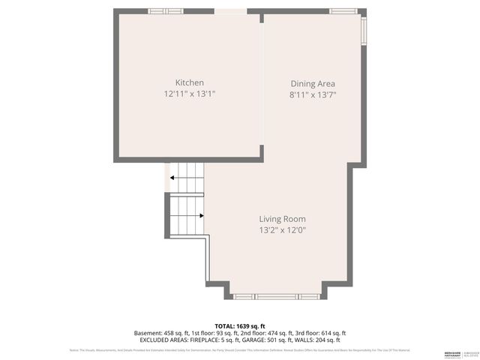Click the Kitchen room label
(189, 82)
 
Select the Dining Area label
(313, 84)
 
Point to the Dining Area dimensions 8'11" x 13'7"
(313, 95)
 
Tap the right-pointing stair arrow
(201, 215)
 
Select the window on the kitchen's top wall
(166, 10)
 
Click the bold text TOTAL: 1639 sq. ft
(240, 325)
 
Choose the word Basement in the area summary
(147, 333)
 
